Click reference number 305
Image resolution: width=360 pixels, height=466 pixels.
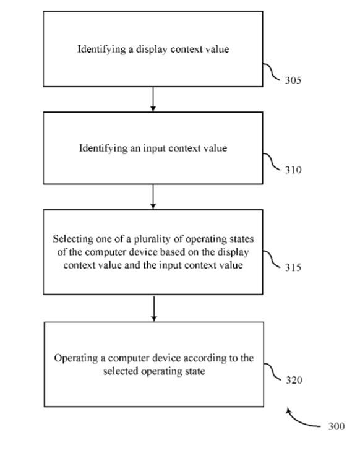click(293, 80)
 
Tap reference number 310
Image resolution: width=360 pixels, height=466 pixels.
click(293, 170)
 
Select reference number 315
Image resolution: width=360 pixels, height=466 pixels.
click(293, 267)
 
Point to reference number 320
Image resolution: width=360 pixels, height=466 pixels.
click(294, 380)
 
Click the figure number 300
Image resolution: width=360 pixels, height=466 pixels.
click(336, 426)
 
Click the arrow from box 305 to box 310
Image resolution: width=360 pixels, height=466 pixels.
click(153, 99)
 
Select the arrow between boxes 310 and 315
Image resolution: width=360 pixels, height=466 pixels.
click(153, 197)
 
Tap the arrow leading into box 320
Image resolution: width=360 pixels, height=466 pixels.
click(154, 308)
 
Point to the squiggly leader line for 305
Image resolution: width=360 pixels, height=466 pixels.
click(272, 71)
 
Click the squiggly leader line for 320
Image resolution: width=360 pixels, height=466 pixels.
click(272, 371)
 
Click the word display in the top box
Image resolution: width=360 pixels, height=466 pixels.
click(151, 50)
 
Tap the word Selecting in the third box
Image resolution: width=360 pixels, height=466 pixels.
click(73, 239)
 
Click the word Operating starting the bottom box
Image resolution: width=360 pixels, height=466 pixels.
click(75, 358)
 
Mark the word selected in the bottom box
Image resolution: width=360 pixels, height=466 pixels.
click(121, 371)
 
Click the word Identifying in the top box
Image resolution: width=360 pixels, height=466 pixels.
click(101, 50)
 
